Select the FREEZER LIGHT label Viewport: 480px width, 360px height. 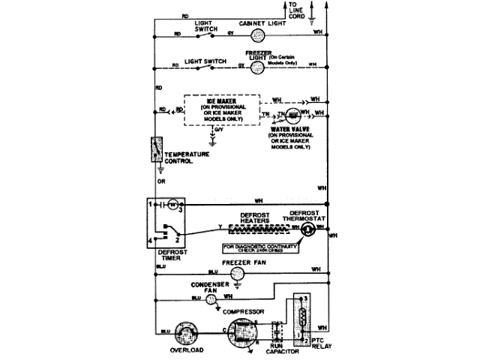(258, 55)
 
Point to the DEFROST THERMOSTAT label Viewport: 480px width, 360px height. (304, 215)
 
